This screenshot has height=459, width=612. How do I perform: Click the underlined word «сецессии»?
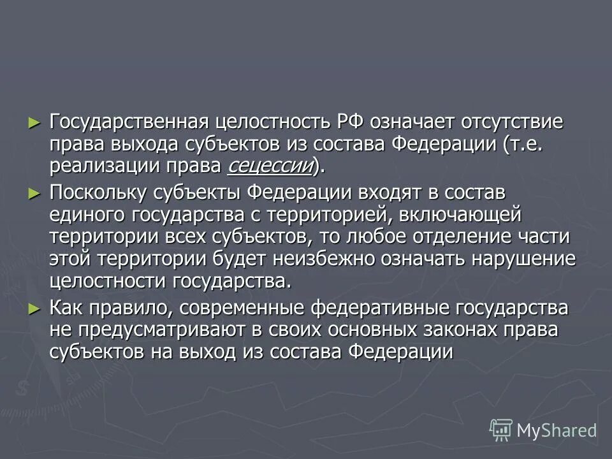click(x=270, y=167)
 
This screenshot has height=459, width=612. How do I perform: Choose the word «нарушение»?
click(x=520, y=259)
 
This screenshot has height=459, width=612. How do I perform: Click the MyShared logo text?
click(x=556, y=430)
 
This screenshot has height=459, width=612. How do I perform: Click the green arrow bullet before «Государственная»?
click(x=35, y=121)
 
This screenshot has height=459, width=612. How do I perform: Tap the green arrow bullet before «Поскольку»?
click(x=35, y=191)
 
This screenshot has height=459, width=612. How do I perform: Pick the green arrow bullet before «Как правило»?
click(x=35, y=308)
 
